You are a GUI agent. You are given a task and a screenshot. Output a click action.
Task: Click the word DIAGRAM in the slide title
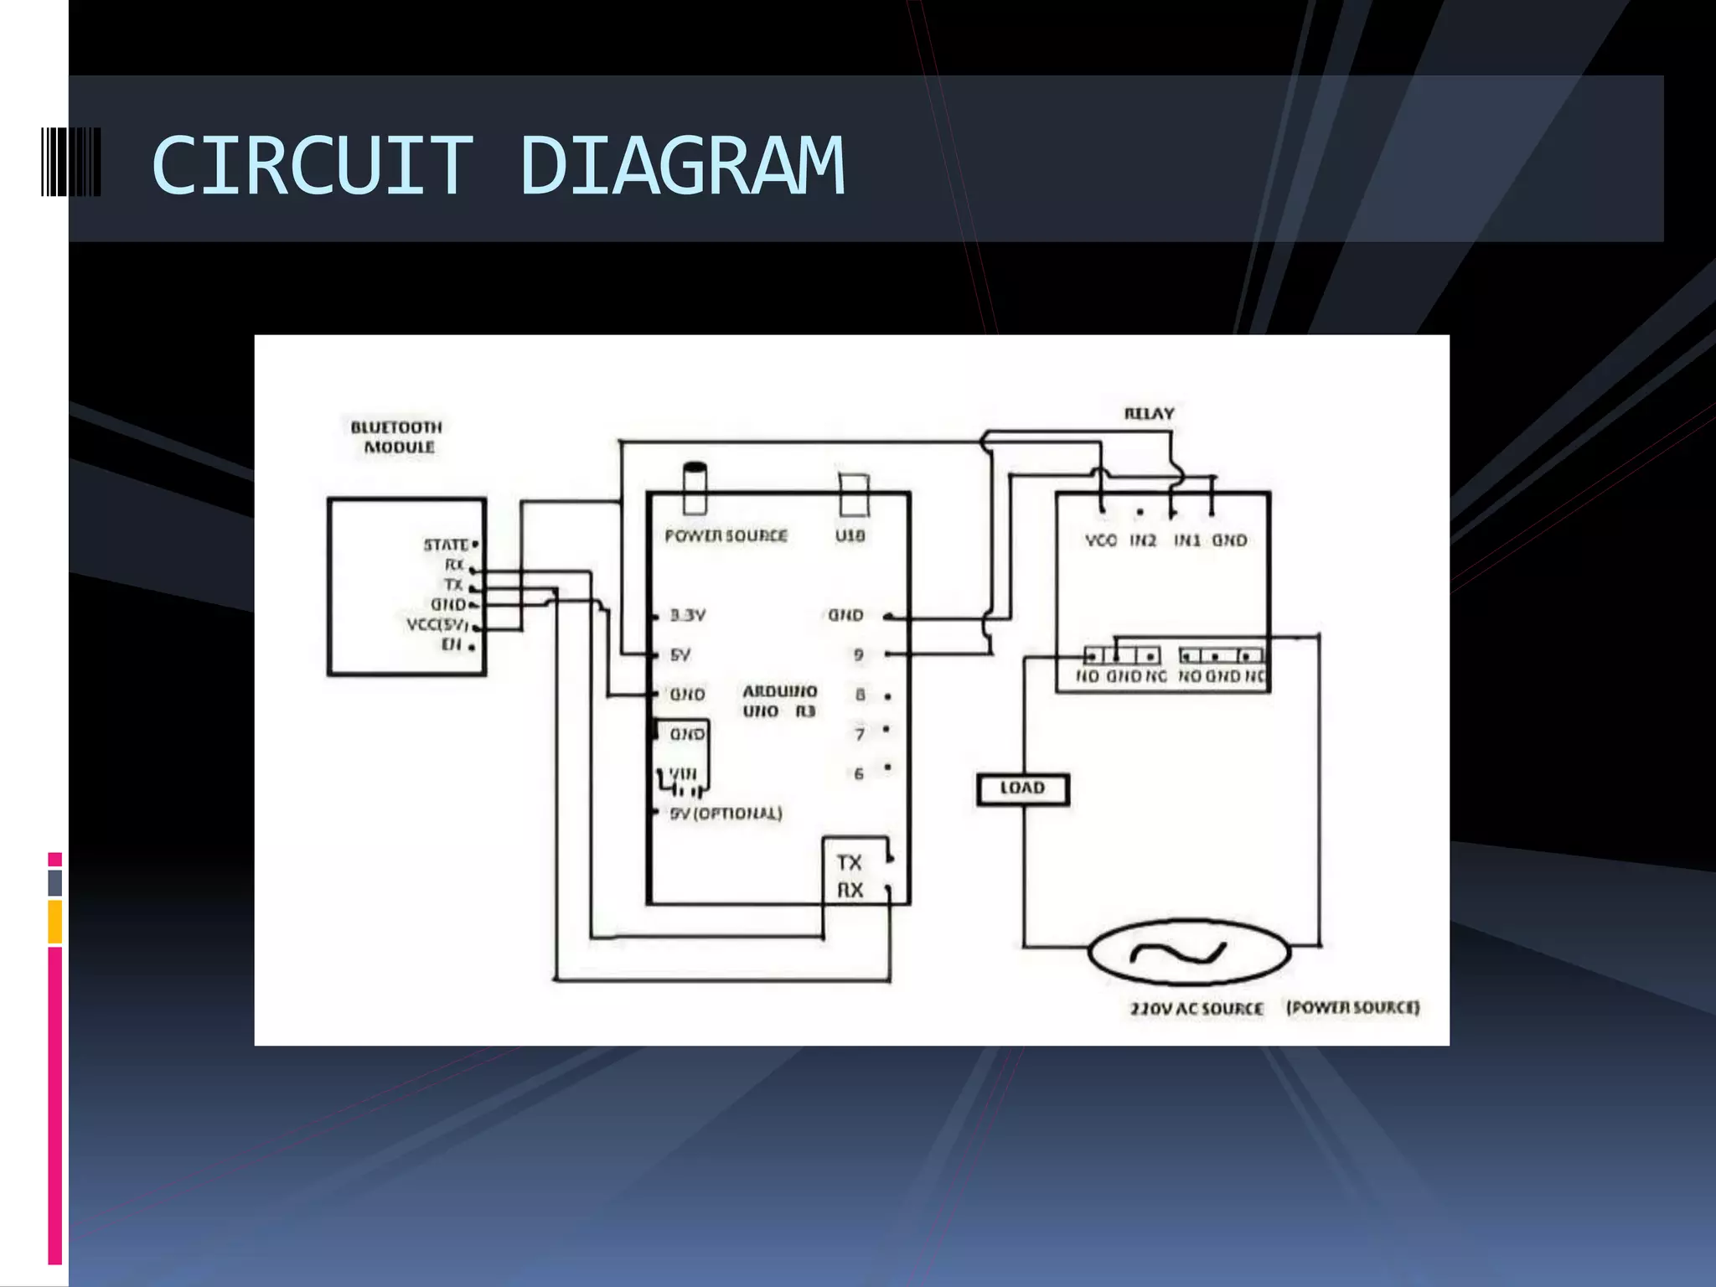[x=682, y=166]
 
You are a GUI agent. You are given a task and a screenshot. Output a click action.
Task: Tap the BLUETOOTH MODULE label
[x=397, y=437]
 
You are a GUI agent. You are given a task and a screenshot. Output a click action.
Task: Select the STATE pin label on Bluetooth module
[x=446, y=545]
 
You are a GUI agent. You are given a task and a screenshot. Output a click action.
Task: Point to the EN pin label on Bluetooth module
[x=452, y=644]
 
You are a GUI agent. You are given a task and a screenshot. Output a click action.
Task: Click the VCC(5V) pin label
[x=437, y=624]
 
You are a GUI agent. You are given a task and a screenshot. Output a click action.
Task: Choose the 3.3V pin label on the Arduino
[x=688, y=616]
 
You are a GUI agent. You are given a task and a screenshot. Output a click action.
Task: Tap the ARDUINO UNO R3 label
[x=779, y=701]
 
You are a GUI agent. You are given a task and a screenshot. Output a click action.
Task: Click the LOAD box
[x=1023, y=788]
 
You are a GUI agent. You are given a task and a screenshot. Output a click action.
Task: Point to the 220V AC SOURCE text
[x=1197, y=1008]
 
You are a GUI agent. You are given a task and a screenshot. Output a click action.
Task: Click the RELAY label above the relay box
[x=1149, y=414]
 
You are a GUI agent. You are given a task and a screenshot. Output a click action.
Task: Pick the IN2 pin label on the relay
[x=1143, y=540]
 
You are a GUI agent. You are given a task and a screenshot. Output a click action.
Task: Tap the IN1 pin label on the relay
[x=1186, y=540]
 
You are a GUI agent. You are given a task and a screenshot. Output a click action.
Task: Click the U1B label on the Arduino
[x=850, y=535]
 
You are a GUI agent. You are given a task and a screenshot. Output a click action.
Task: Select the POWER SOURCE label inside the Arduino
[x=726, y=535]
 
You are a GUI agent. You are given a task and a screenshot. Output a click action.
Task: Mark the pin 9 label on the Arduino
[x=859, y=654]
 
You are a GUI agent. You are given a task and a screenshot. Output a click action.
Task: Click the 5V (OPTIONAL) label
[x=726, y=814]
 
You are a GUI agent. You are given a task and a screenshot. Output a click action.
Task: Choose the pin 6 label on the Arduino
[x=859, y=773]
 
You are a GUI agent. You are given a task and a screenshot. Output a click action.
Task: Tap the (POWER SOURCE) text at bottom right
[x=1353, y=1007]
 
